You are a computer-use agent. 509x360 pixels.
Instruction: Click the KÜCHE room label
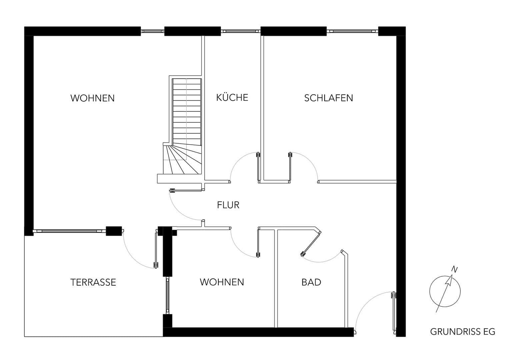(232, 97)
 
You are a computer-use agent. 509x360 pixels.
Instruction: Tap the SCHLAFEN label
(328, 98)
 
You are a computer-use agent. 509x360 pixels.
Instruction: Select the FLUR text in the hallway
(228, 205)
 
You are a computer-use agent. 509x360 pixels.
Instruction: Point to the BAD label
(311, 282)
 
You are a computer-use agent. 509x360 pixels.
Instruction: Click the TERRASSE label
(93, 282)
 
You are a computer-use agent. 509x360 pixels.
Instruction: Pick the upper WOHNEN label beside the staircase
(92, 98)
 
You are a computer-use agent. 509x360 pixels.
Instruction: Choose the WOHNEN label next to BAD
(222, 282)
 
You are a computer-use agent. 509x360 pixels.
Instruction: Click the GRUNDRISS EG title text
(462, 332)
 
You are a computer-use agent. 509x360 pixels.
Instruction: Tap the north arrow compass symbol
(445, 291)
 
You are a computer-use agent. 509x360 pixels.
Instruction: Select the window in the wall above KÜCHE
(240, 31)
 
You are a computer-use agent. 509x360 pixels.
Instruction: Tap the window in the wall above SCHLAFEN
(353, 31)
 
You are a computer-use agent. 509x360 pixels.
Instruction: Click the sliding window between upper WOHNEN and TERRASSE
(70, 230)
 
